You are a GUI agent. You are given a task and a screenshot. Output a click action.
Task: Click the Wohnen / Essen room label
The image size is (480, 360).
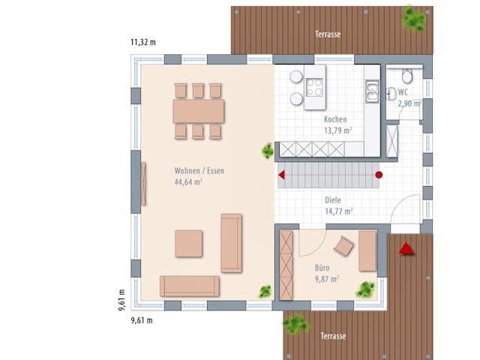pyautogui.click(x=199, y=171)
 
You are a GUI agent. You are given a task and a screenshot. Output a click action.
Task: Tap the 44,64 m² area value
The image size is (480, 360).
pyautogui.click(x=189, y=181)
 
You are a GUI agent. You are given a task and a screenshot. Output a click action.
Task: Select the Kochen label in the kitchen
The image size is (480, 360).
pyautogui.click(x=335, y=120)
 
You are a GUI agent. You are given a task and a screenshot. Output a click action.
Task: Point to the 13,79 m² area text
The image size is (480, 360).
pyautogui.click(x=338, y=130)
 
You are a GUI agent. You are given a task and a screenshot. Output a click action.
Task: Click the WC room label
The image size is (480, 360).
pyautogui.click(x=403, y=92)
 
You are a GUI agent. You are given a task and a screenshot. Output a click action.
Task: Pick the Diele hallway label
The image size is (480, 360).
pyautogui.click(x=333, y=201)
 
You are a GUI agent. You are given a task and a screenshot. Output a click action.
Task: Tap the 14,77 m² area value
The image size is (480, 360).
pyautogui.click(x=338, y=211)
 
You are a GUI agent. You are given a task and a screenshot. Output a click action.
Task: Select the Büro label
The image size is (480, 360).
pyautogui.click(x=322, y=267)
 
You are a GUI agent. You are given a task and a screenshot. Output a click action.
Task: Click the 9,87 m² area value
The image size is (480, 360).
pyautogui.click(x=325, y=278)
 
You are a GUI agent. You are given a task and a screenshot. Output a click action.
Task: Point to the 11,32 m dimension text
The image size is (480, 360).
pyautogui.click(x=143, y=42)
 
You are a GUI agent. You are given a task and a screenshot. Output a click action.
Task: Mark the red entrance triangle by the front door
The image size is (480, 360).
pyautogui.click(x=406, y=248)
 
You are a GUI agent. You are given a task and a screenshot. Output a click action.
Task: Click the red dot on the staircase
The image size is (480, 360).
pyautogui.click(x=379, y=175)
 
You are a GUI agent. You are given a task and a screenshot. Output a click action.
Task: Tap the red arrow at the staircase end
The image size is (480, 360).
pyautogui.click(x=282, y=175)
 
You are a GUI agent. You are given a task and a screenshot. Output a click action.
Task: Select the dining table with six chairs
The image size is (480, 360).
pyautogui.click(x=198, y=111)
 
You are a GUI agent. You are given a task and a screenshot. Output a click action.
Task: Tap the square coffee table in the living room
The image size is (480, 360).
pyautogui.click(x=188, y=244)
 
